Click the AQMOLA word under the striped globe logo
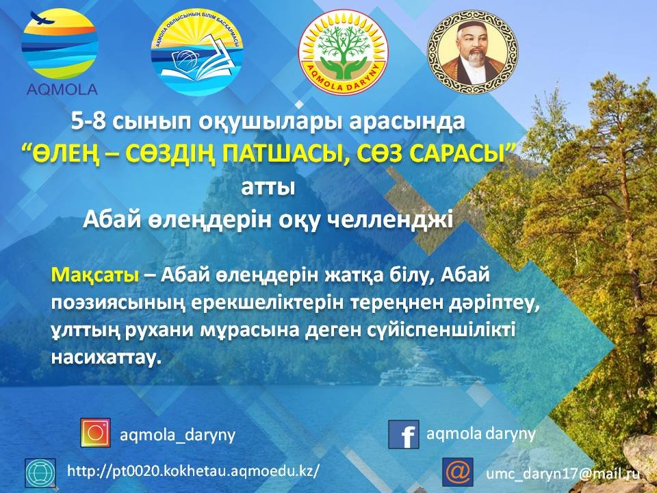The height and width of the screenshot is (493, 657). point(62,89)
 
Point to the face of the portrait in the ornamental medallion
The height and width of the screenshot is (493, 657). point(473,45)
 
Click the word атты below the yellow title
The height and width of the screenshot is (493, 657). point(268,187)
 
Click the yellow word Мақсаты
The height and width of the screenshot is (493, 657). point(94,275)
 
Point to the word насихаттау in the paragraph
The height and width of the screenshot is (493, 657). point(106,357)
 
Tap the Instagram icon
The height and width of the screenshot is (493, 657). point(96,433)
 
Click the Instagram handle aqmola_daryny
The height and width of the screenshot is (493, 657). point(178,435)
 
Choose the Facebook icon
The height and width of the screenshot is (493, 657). point(404,434)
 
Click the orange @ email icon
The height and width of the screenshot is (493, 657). point(458,472)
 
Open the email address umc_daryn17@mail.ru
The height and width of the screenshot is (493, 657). point(563,473)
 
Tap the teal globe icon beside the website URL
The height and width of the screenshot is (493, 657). point(40,472)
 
